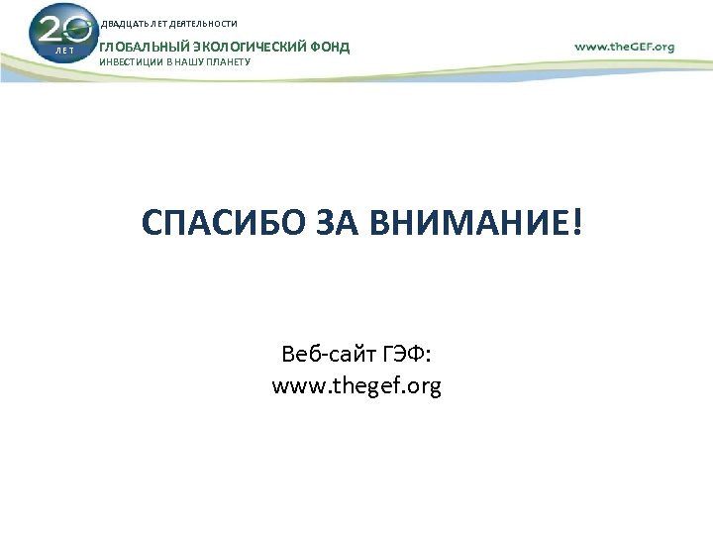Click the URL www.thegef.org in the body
(x=356, y=385)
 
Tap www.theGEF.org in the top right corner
(x=624, y=46)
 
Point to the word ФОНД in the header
(x=330, y=47)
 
